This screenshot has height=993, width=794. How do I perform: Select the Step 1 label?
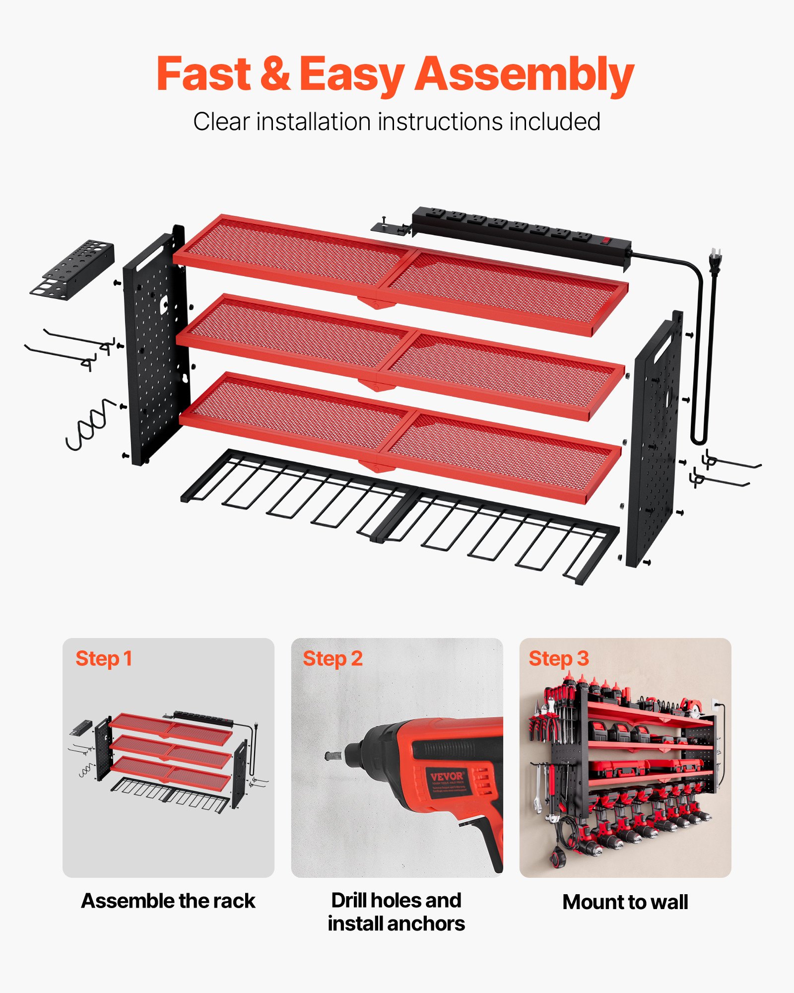[x=104, y=659]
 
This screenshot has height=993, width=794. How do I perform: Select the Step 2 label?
[x=332, y=659]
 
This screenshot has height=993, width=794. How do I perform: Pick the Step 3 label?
[x=559, y=659]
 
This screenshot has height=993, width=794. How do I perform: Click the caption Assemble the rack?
[x=168, y=901]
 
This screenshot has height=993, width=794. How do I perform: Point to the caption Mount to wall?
[x=625, y=902]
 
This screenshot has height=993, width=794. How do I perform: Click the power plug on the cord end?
[x=715, y=262]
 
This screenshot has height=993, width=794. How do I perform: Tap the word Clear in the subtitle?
[x=221, y=122]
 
